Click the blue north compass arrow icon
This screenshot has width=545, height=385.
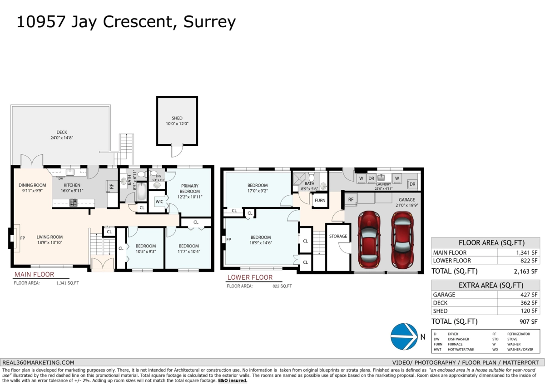(404, 337)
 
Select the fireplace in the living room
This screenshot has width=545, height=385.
(14, 237)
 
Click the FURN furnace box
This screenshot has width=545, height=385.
(320, 200)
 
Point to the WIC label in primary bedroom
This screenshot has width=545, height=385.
(159, 202)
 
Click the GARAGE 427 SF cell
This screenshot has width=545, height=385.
(529, 295)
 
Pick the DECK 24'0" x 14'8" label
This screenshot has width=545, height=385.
(62, 135)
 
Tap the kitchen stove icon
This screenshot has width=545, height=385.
(73, 203)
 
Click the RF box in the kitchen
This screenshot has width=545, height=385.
(111, 186)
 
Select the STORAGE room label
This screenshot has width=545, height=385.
(338, 236)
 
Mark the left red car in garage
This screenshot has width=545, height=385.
(368, 240)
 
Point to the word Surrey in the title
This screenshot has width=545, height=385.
(209, 22)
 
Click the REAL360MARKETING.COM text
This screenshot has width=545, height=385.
(38, 362)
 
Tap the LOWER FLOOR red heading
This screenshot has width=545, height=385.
(250, 277)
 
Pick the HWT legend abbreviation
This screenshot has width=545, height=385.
(438, 350)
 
